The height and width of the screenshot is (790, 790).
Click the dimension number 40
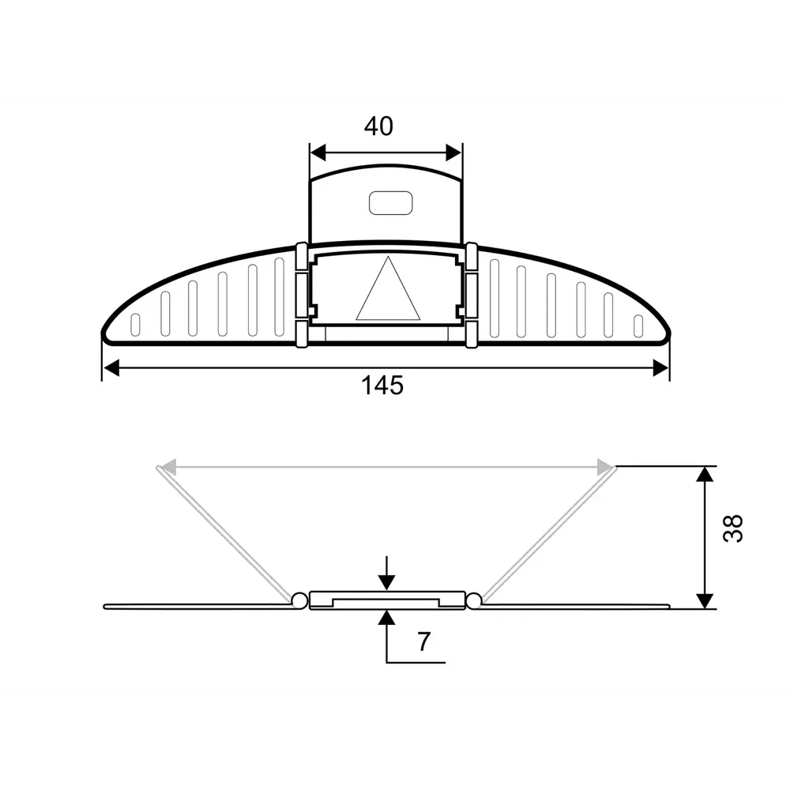[378, 126]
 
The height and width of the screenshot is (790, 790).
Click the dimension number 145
[382, 386]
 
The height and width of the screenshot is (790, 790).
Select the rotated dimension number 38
[733, 528]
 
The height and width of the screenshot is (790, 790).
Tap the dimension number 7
[423, 641]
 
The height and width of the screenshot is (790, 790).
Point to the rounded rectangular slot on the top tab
[391, 203]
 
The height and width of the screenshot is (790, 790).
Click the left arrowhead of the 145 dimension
[112, 368]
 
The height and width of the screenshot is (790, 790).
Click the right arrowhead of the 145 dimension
[660, 368]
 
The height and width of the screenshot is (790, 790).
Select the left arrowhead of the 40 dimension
[318, 152]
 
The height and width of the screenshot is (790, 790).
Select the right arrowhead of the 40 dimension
[453, 152]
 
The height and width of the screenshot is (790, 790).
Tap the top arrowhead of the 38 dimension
[705, 474]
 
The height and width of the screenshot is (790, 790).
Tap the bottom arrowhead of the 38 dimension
[705, 600]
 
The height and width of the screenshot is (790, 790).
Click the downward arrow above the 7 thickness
[386, 581]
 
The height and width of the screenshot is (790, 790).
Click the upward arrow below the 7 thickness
[386, 618]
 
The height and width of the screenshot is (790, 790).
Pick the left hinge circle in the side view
[299, 600]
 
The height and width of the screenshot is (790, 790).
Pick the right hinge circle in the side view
[473, 601]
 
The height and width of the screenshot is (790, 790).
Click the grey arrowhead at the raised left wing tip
[166, 468]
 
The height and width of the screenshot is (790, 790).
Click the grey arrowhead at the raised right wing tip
[606, 468]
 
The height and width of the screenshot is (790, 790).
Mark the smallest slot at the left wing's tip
[135, 325]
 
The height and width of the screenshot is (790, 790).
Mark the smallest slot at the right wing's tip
[638, 325]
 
